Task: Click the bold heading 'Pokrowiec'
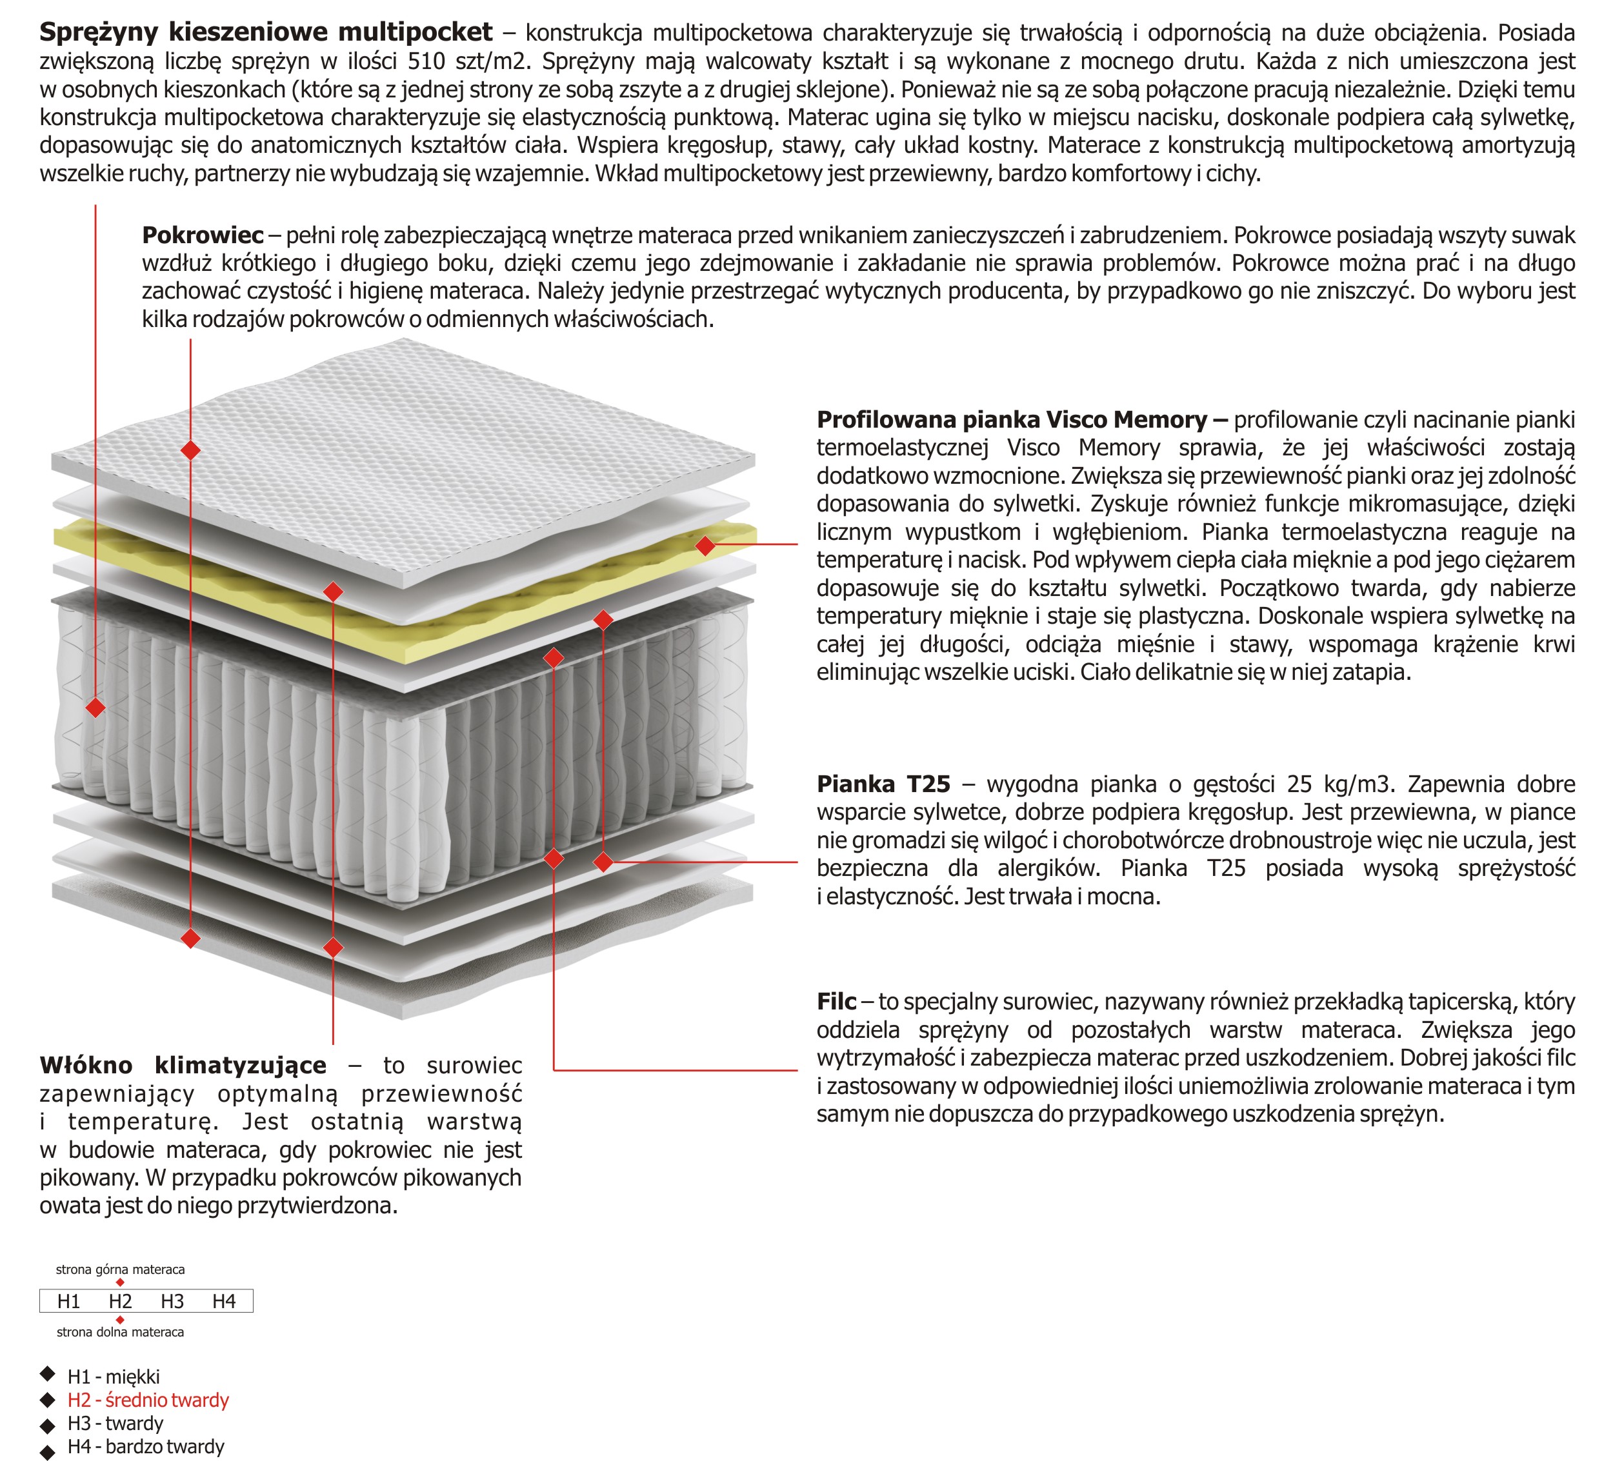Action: pyautogui.click(x=203, y=235)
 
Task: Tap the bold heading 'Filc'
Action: pyautogui.click(x=836, y=1002)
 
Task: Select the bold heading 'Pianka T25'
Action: pyautogui.click(x=883, y=784)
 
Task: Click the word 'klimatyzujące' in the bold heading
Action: pyautogui.click(x=241, y=1066)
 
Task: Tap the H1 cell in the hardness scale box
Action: pyautogui.click(x=69, y=1302)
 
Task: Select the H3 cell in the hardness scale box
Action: pyautogui.click(x=172, y=1302)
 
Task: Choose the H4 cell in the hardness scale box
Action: pyautogui.click(x=224, y=1302)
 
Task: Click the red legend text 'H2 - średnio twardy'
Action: pyautogui.click(x=148, y=1400)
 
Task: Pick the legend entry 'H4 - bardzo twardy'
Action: pyautogui.click(x=146, y=1447)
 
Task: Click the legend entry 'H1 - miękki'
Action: pyautogui.click(x=114, y=1377)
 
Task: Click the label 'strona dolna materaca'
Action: pyautogui.click(x=120, y=1332)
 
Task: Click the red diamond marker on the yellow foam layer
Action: pyautogui.click(x=705, y=546)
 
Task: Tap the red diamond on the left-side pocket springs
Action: pyautogui.click(x=96, y=708)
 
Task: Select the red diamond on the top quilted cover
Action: pyautogui.click(x=190, y=450)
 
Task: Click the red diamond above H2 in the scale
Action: pyautogui.click(x=120, y=1282)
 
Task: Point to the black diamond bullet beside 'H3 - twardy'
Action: pyautogui.click(x=48, y=1425)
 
